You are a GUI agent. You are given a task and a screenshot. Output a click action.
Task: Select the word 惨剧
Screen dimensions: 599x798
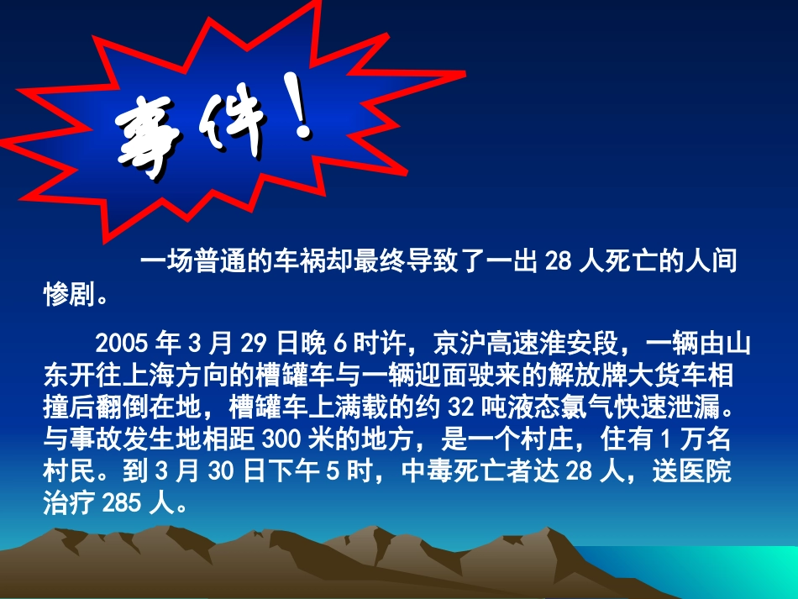66,293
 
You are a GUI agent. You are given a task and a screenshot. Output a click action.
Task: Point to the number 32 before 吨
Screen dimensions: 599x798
461,407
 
